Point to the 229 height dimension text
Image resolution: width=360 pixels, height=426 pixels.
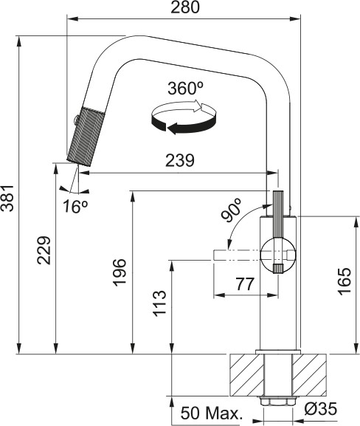pos(45,253)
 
